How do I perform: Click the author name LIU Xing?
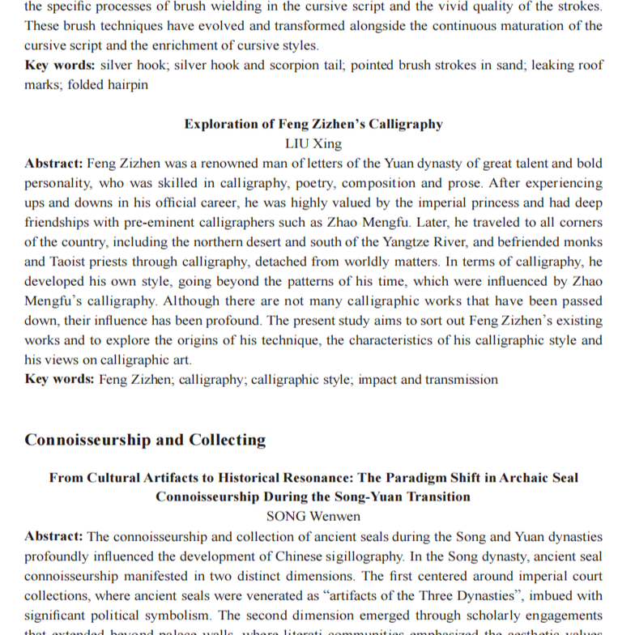click(313, 143)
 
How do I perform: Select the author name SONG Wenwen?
click(313, 515)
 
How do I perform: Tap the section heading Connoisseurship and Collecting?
click(145, 441)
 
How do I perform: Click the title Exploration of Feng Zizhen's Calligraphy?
click(313, 124)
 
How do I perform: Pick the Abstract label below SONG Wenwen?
click(53, 535)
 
